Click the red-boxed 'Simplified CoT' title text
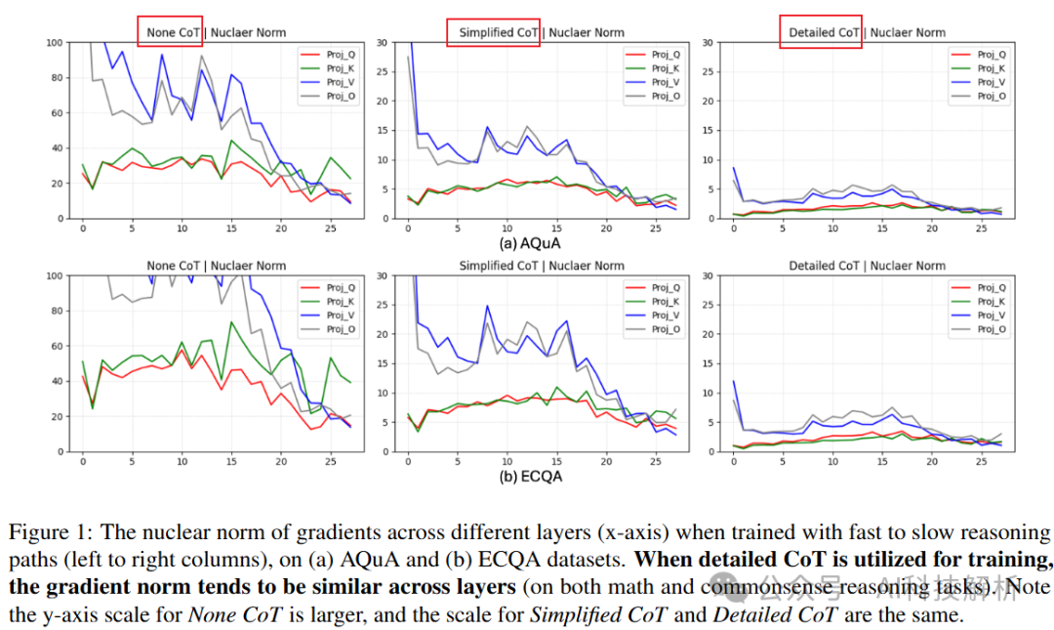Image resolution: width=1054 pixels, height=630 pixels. pos(499,32)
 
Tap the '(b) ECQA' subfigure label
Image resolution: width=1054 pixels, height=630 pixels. pos(531,478)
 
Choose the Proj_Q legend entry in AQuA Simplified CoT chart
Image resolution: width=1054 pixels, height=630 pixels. pos(666,55)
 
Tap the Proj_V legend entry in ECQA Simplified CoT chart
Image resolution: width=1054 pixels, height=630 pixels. pos(666,315)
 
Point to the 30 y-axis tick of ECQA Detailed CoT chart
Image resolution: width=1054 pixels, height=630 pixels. pos(709,275)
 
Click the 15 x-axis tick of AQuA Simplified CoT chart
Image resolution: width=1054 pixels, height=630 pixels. pos(556,229)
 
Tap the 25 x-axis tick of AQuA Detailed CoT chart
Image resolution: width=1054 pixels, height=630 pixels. pos(981,229)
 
